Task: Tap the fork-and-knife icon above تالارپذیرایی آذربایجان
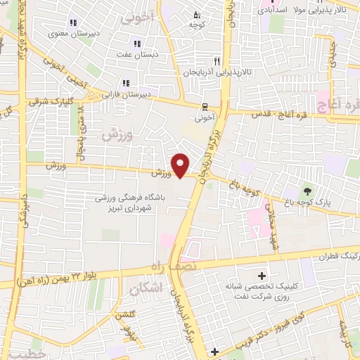pos(217,61)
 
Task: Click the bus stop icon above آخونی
pos(204,108)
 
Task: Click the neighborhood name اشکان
pos(146,288)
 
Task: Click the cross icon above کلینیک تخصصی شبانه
pos(263,275)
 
